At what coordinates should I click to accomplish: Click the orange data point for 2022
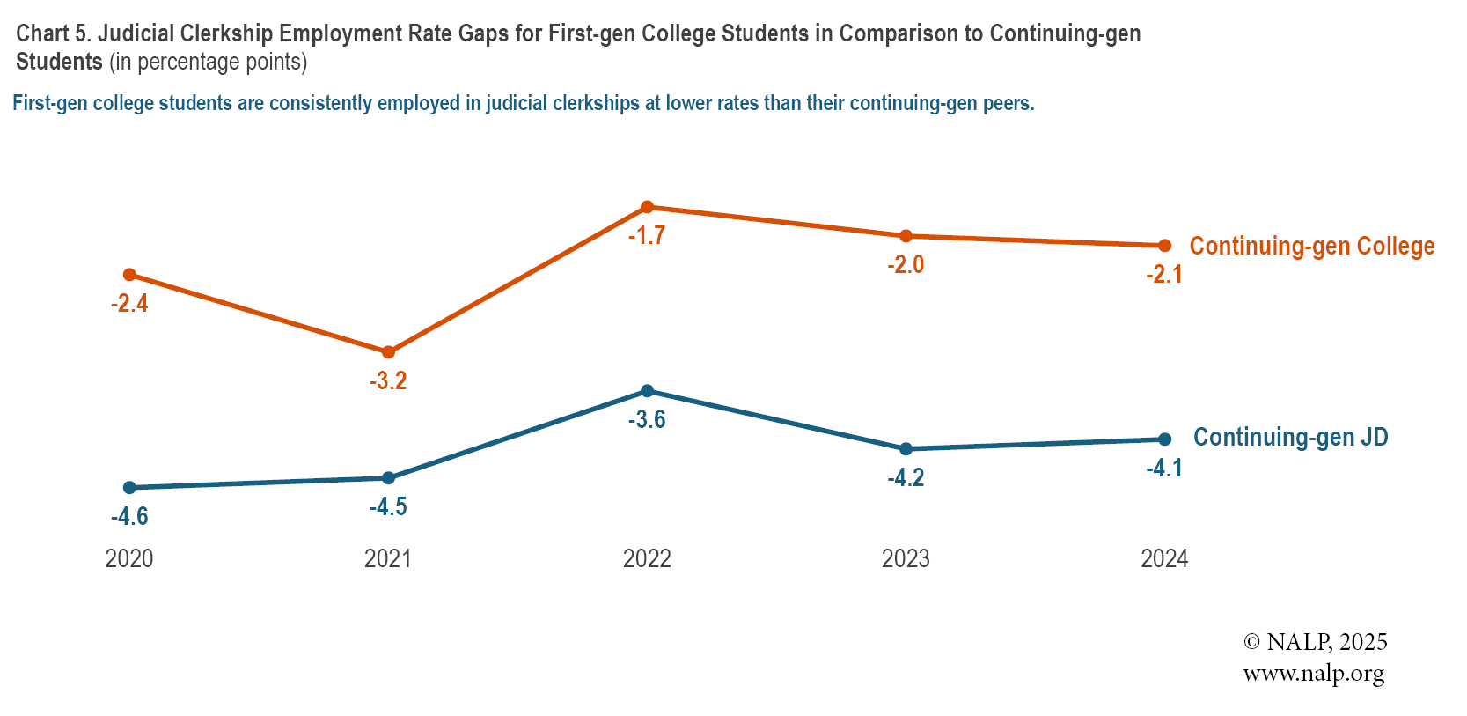(647, 207)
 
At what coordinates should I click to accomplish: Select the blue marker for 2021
(388, 478)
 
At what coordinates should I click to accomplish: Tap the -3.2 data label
(388, 380)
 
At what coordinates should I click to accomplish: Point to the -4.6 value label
(129, 516)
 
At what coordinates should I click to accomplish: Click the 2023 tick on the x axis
(906, 558)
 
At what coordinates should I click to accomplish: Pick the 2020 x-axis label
(129, 558)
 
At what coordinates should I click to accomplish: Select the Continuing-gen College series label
(1311, 246)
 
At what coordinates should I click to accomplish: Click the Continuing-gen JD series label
(1290, 437)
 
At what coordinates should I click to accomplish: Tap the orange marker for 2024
(1164, 246)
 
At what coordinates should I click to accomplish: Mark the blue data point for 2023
(906, 449)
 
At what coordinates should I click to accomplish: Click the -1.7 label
(647, 235)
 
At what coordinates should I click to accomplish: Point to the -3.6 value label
(647, 419)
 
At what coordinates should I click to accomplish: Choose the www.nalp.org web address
(1313, 675)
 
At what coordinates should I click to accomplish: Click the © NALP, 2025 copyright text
(1315, 642)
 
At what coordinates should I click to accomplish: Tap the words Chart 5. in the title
(54, 33)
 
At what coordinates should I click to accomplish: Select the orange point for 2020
(129, 275)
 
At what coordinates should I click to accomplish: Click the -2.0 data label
(906, 264)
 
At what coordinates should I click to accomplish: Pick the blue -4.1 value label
(1164, 468)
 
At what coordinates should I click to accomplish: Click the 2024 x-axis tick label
(1164, 558)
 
